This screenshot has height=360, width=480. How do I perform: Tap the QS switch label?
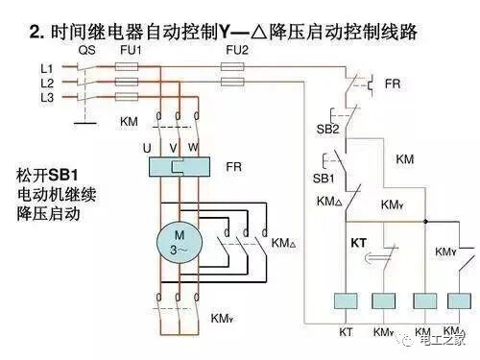pyautogui.click(x=86, y=49)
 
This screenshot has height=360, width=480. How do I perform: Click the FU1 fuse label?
pyautogui.click(x=130, y=49)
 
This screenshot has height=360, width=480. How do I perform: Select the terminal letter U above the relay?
pyautogui.click(x=147, y=148)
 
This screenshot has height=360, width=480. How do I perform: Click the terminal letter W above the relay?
pyautogui.click(x=193, y=148)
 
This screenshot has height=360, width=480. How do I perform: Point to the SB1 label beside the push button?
pyautogui.click(x=324, y=179)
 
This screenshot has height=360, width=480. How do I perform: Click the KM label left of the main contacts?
pyautogui.click(x=129, y=122)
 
